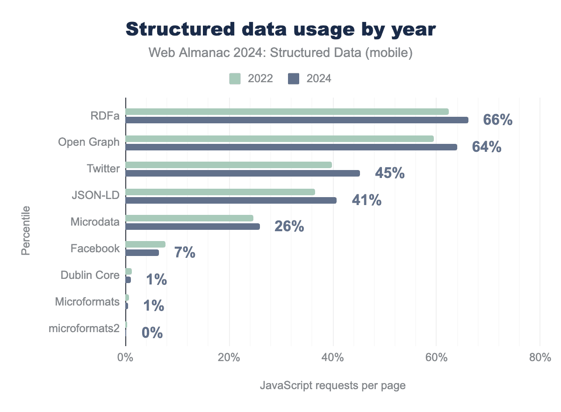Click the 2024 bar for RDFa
pos(297,120)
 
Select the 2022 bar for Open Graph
pos(280,139)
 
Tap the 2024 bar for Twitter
pos(243,173)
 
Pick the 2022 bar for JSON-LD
pos(220,192)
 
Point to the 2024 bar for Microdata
pos(193,227)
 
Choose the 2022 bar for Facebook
pos(145,244)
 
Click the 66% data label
pos(497,120)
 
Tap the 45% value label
pos(389,173)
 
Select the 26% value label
pos(289,227)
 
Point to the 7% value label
pos(184,253)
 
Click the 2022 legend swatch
pos(235,78)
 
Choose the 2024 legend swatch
pos(294,78)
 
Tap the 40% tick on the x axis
pos(332,358)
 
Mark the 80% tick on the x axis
pos(539,358)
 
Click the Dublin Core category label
pos(90,275)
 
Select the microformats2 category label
pos(84,328)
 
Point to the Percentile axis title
pos(26,230)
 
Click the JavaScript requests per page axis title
pos(332,386)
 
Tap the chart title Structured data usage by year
pos(280,29)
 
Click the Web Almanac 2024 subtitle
pos(280,53)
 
